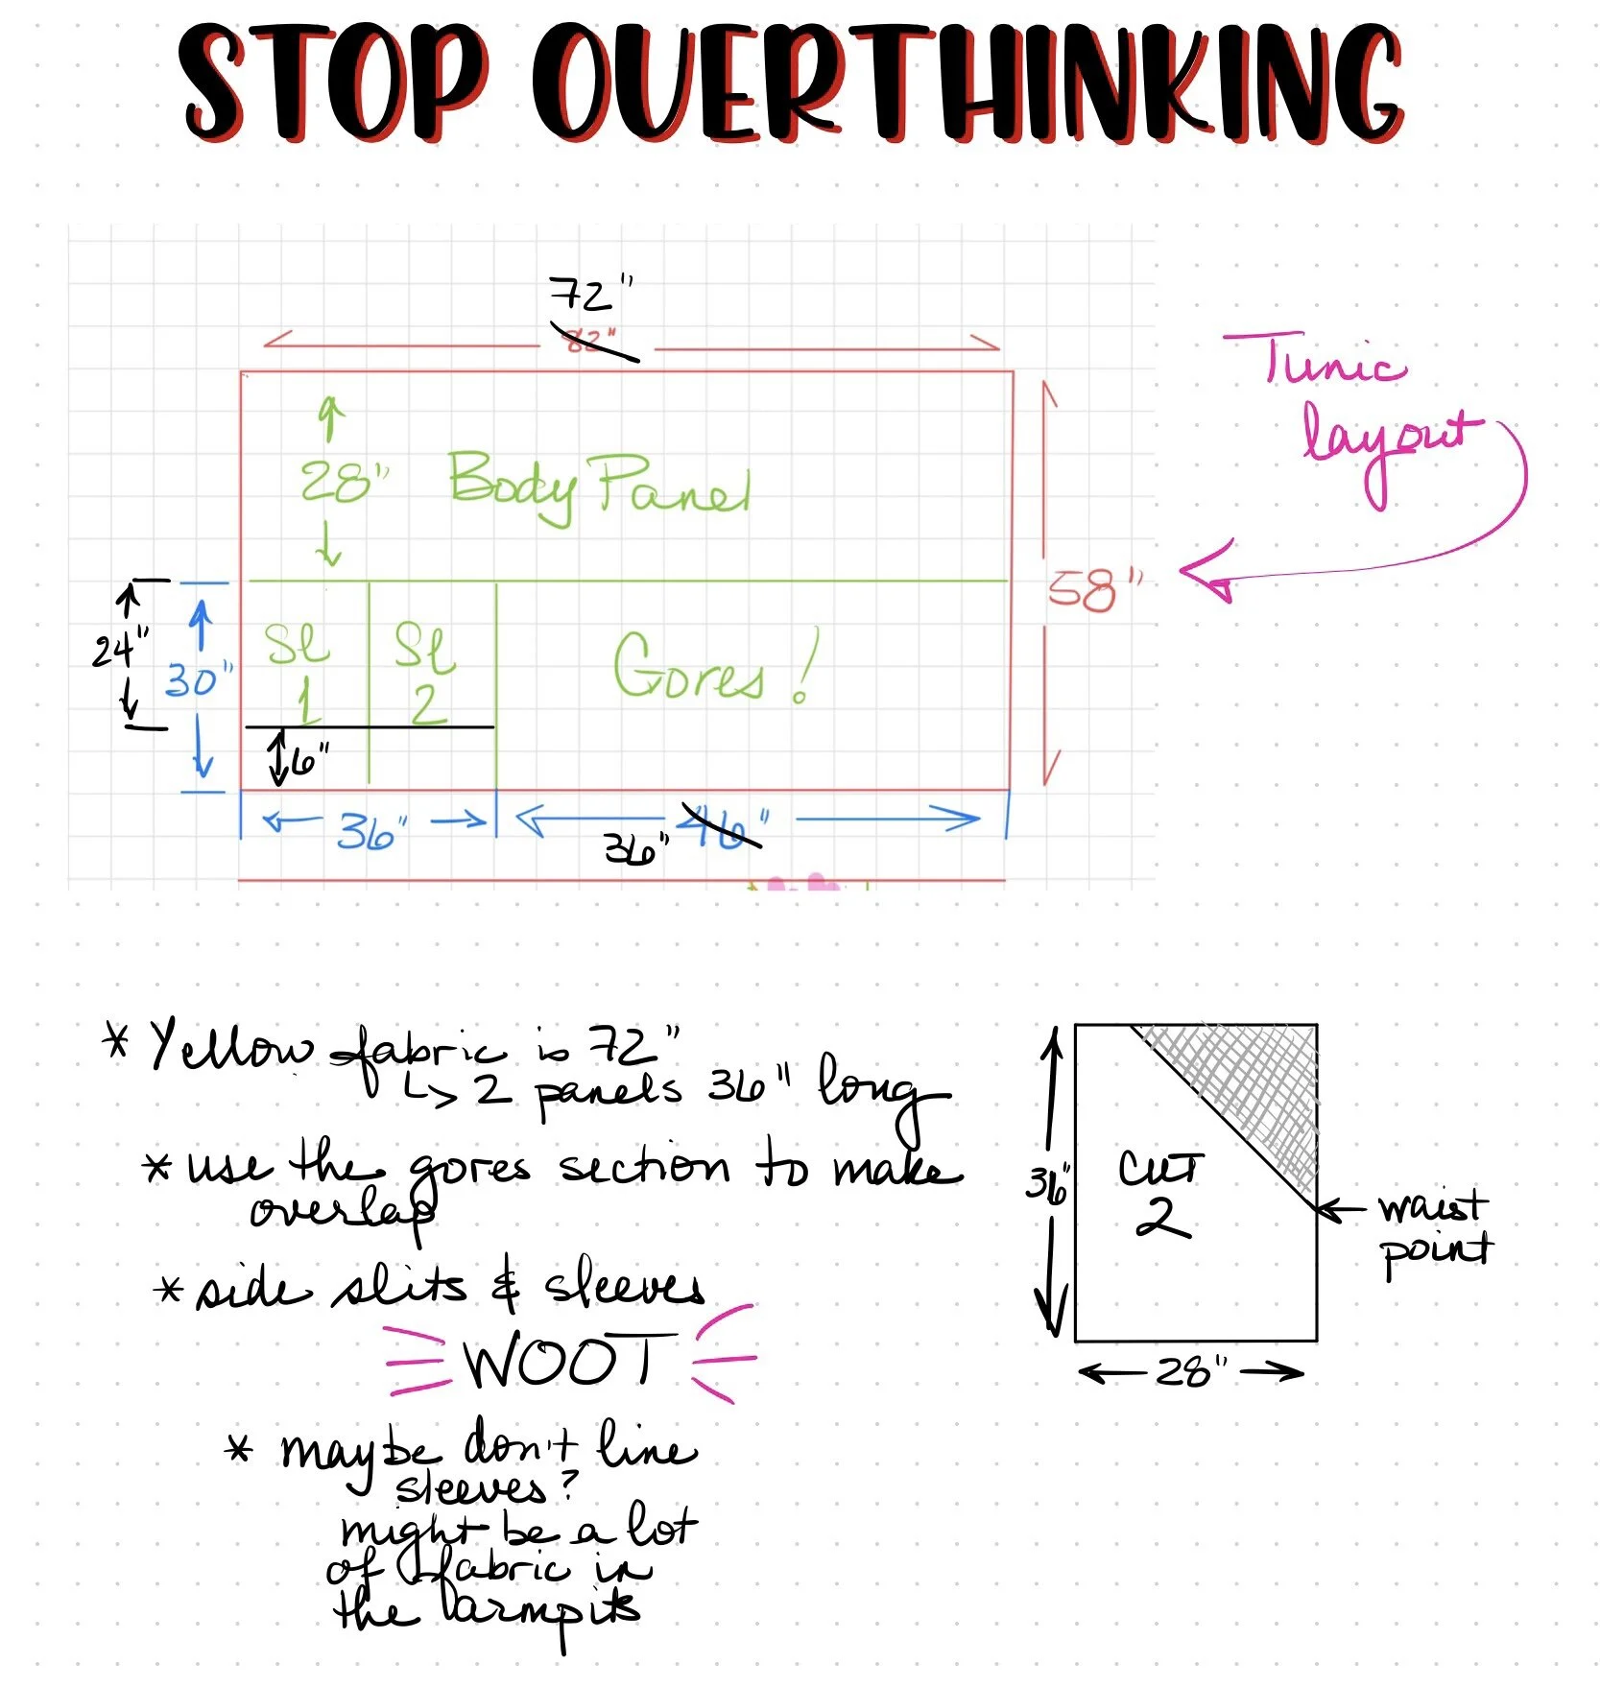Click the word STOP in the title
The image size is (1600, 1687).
(331, 82)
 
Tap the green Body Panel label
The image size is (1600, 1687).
(599, 487)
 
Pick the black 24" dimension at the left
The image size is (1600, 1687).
(119, 650)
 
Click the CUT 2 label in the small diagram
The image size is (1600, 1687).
(1160, 1194)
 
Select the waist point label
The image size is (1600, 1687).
(1434, 1228)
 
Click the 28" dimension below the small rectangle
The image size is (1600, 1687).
(1190, 1372)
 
